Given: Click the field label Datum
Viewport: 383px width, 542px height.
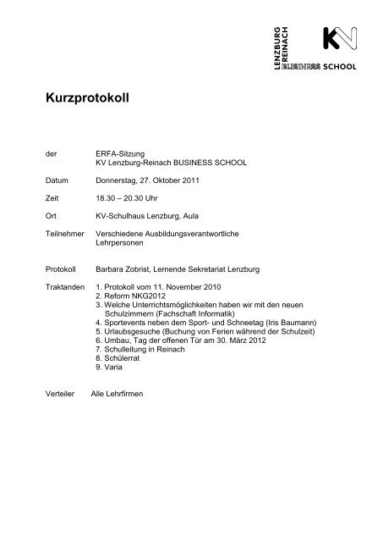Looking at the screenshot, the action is tap(55, 181).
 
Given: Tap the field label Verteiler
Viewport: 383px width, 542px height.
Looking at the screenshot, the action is tap(60, 418).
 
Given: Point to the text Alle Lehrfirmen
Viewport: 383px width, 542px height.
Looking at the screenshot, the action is tap(117, 418).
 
